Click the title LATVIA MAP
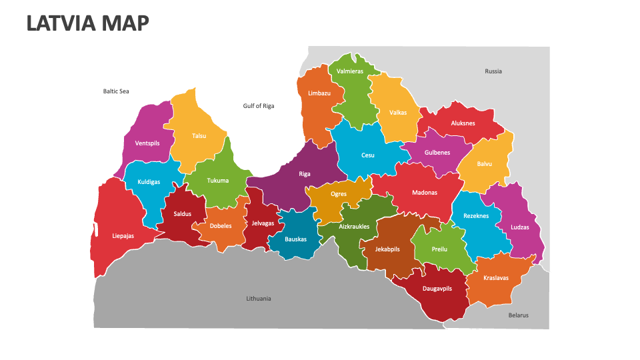[x=87, y=23]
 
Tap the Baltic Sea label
[x=116, y=91]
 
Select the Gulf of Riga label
[x=259, y=106]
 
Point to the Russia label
[x=493, y=71]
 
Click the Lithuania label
[x=259, y=299]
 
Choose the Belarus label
[x=518, y=315]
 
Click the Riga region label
[x=305, y=174]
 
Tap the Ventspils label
[x=147, y=143]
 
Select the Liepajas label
[x=123, y=236]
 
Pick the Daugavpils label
[x=437, y=289]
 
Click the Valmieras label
[x=350, y=71]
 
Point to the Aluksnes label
[x=463, y=123]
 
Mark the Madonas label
[x=425, y=193]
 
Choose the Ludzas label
[x=520, y=227]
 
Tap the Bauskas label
[x=295, y=239]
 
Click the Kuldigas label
[x=149, y=182]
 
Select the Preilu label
[x=439, y=249]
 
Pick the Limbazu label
[x=319, y=93]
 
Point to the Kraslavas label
[x=496, y=277]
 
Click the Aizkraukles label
[x=354, y=227]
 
